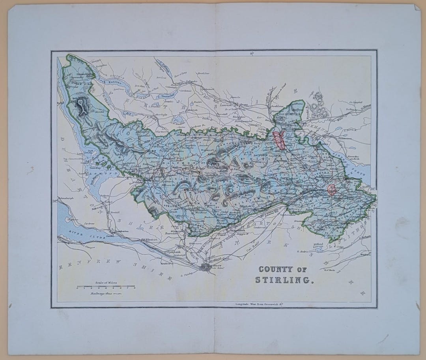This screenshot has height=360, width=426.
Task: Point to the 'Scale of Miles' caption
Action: (x=106, y=283)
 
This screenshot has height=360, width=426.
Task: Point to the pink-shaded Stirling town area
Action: (x=279, y=141)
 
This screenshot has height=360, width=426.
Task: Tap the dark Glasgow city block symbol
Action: (x=206, y=268)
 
